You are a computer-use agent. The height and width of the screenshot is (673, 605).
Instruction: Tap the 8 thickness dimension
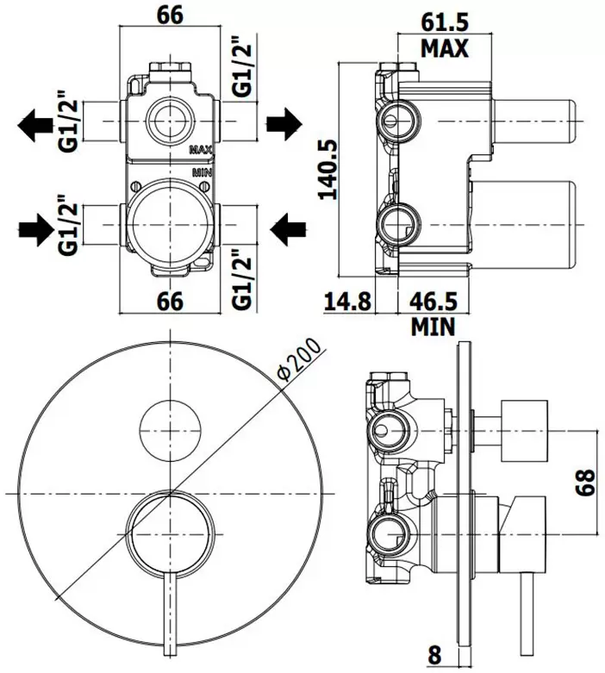434,655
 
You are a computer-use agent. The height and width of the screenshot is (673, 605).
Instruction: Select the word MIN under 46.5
433,328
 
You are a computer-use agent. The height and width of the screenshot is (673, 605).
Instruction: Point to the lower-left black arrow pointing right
34,229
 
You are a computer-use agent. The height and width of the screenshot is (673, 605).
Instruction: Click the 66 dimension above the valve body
172,16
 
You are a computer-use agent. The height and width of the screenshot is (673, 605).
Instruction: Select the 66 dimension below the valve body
172,301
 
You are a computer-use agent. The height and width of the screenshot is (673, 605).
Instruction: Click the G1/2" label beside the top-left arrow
68,121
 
